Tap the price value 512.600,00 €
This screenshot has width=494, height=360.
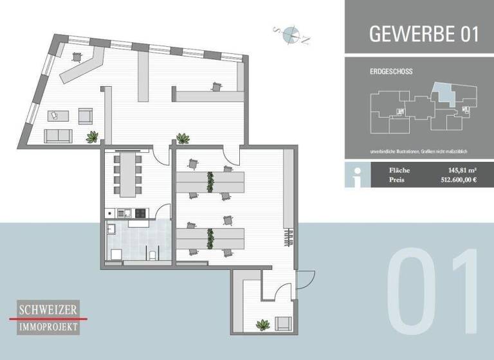(x=454, y=181)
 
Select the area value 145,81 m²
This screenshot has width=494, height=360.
(x=461, y=170)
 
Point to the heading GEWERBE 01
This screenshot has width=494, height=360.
(x=424, y=34)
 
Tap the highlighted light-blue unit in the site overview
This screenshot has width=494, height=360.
(x=443, y=95)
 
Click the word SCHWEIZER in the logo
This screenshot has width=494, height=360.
(x=48, y=310)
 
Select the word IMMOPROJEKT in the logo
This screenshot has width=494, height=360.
(x=48, y=327)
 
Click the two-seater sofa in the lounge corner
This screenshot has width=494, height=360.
(x=58, y=136)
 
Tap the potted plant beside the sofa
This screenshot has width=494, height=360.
(x=93, y=136)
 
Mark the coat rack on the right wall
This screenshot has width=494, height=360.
(x=289, y=239)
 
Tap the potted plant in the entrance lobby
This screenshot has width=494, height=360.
(x=262, y=325)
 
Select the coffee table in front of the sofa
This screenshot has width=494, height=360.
(x=59, y=116)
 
